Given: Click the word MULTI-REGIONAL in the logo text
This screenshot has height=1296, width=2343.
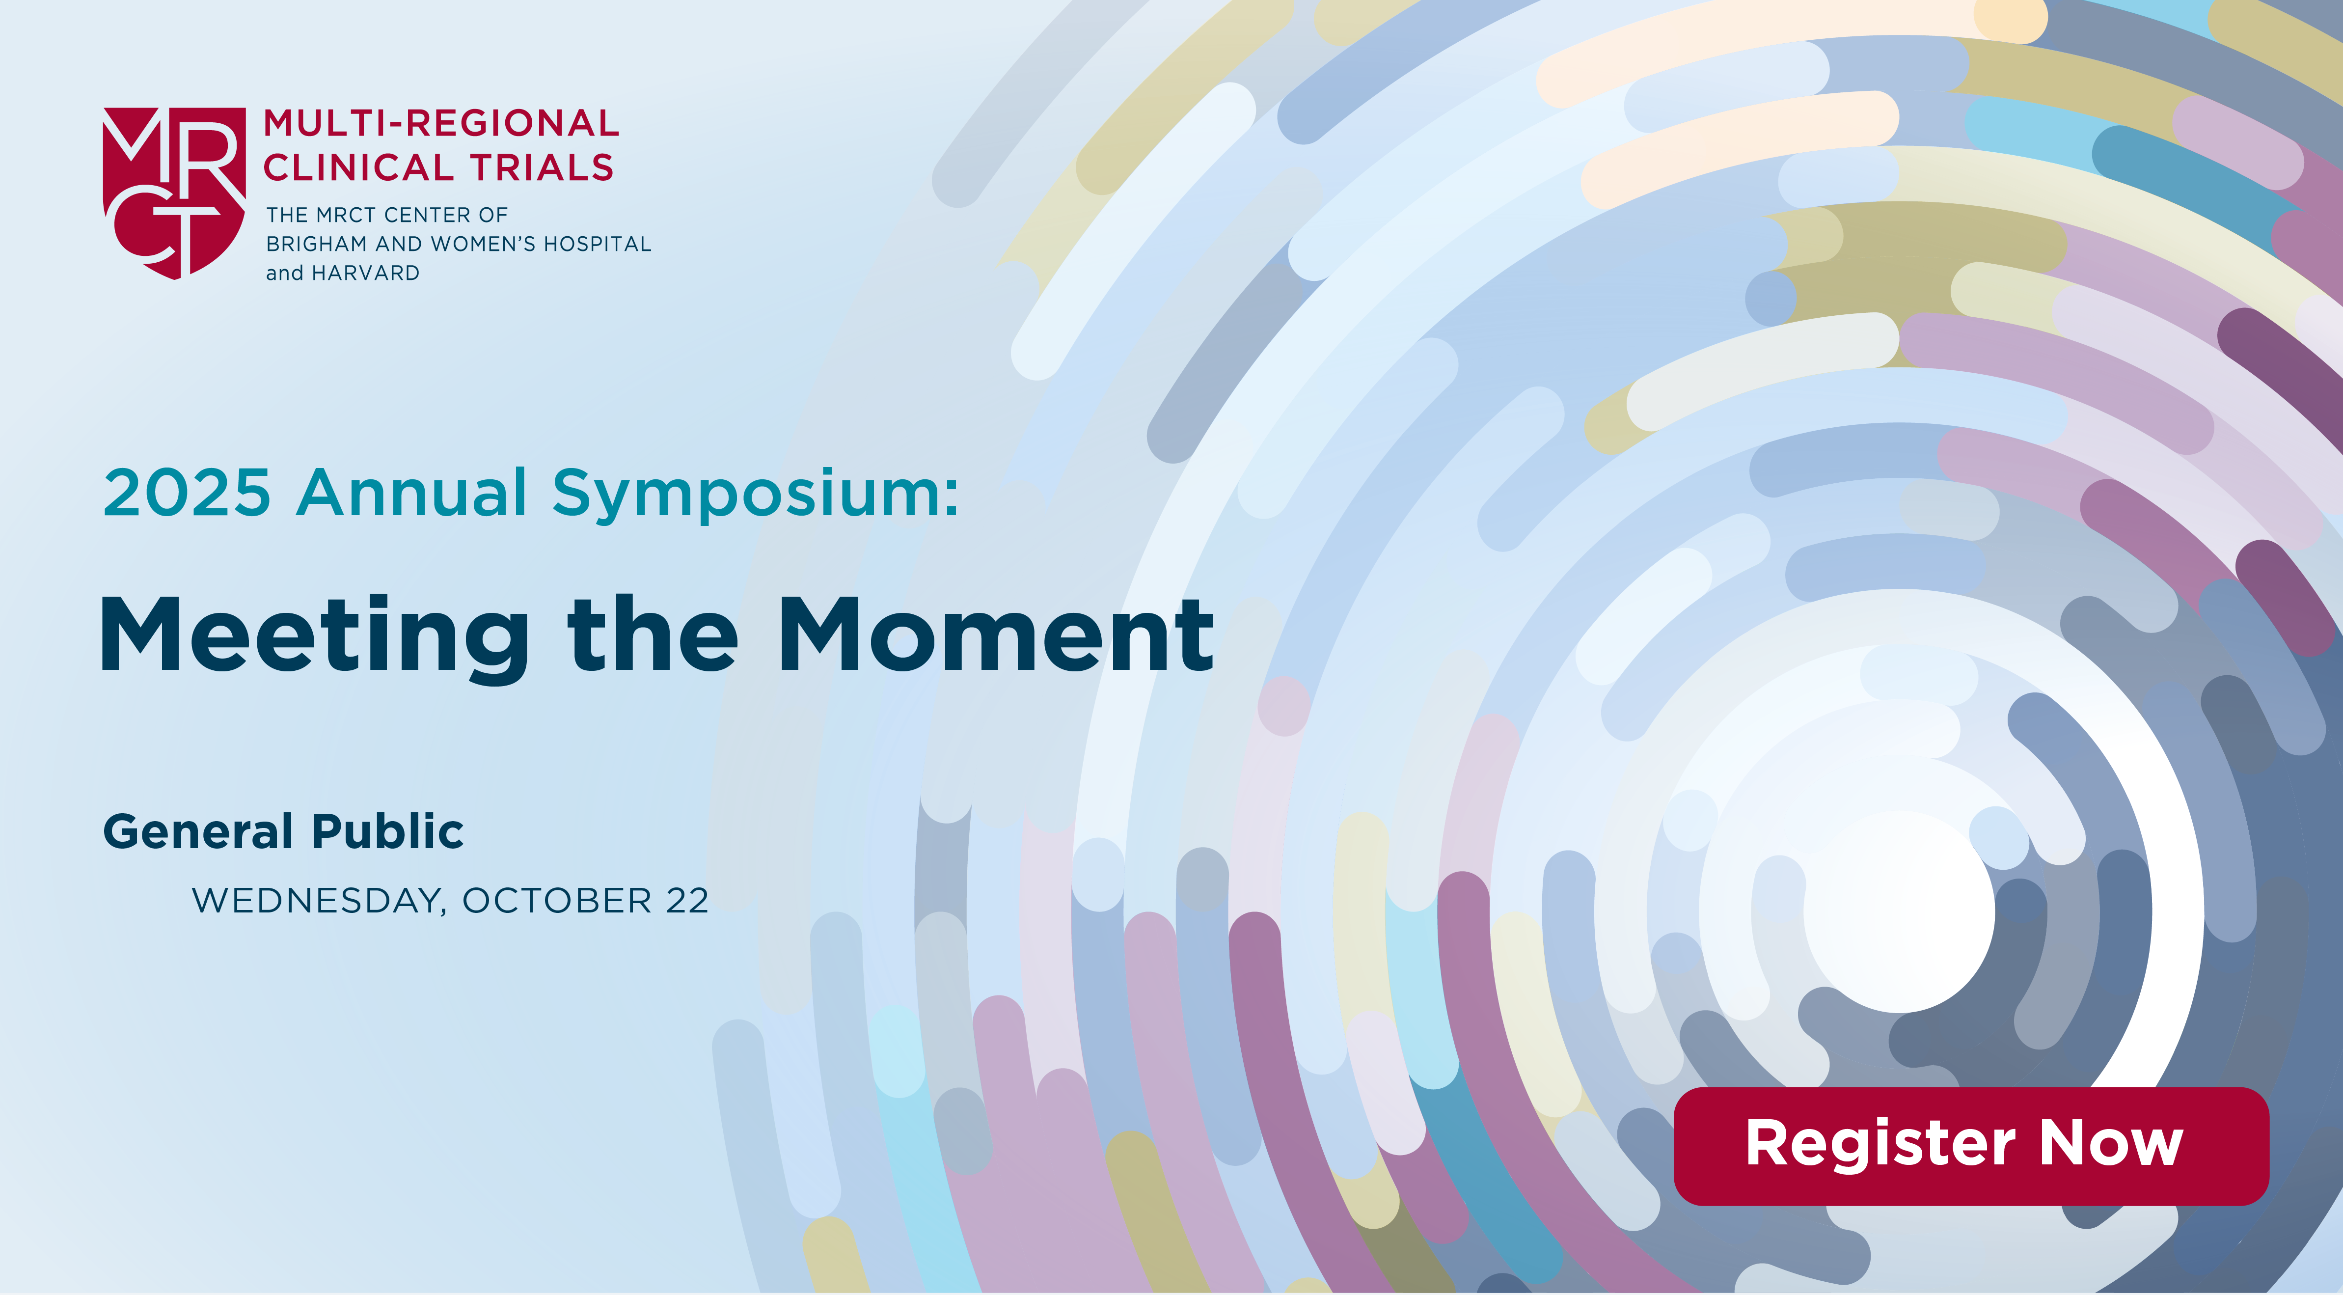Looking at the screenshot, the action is pos(441,123).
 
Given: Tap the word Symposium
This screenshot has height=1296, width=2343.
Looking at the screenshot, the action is pos(756,496).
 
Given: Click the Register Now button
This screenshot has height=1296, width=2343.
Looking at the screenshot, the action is pos(1971,1146).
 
